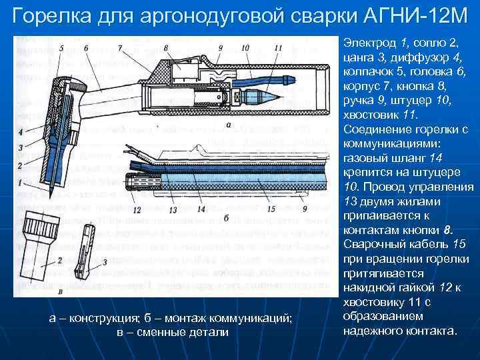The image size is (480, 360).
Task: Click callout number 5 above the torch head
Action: coord(61,49)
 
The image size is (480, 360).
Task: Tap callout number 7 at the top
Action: coord(120,48)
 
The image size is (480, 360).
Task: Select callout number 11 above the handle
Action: coord(277,48)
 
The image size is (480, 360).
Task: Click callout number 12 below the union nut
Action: coord(136,209)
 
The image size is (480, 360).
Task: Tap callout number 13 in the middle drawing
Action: coord(172,209)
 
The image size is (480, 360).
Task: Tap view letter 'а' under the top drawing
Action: coord(229,125)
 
